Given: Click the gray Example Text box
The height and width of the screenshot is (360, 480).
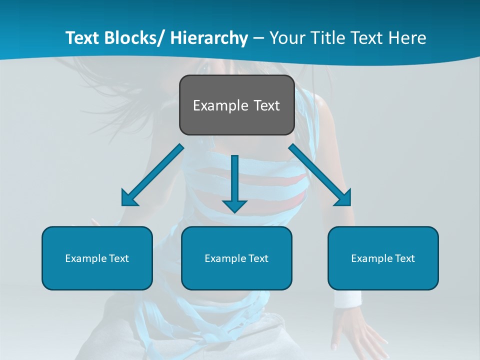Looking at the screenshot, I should [x=236, y=105].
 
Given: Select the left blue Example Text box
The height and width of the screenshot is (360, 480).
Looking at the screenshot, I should [x=97, y=258].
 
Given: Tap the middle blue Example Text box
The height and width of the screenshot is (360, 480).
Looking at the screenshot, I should [x=236, y=258].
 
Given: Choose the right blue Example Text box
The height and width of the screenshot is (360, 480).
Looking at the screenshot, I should [x=383, y=258].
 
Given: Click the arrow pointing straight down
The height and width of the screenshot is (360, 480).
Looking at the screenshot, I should [x=234, y=180].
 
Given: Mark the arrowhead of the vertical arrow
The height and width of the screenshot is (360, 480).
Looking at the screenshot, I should [x=234, y=205].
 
